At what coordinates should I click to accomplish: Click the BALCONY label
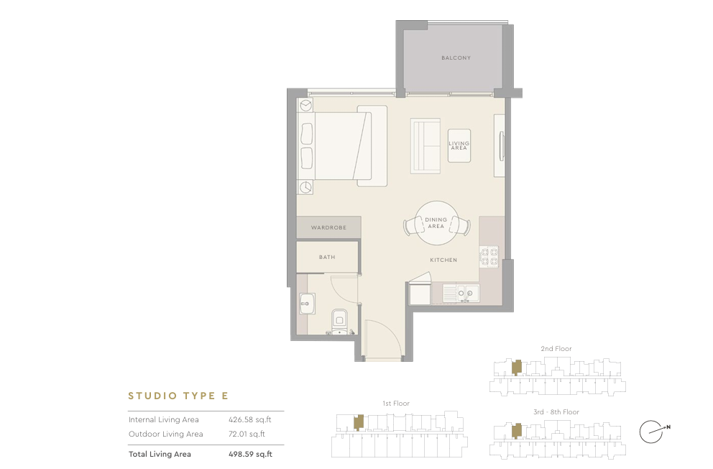tap(456, 58)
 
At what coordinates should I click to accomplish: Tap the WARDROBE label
tap(328, 227)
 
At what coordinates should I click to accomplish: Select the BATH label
tap(327, 257)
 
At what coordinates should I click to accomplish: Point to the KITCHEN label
tap(443, 260)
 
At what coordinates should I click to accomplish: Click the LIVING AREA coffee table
tap(459, 145)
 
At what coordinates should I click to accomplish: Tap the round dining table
tap(436, 223)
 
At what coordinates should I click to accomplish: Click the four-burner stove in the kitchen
tap(489, 257)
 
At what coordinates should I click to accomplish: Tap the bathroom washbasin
tap(307, 304)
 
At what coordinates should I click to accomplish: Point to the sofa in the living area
tap(425, 146)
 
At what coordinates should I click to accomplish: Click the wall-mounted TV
tap(502, 146)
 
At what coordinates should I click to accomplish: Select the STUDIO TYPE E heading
tap(178, 396)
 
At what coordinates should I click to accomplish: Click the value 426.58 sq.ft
tap(249, 419)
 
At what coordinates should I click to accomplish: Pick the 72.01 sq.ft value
tap(247, 434)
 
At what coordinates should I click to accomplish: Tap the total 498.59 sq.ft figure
tap(250, 454)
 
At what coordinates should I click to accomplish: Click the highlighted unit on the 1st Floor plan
tap(359, 422)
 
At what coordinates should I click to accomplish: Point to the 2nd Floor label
tap(556, 348)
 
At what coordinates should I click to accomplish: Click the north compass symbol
tap(653, 432)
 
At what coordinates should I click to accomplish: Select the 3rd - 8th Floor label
tap(556, 412)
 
